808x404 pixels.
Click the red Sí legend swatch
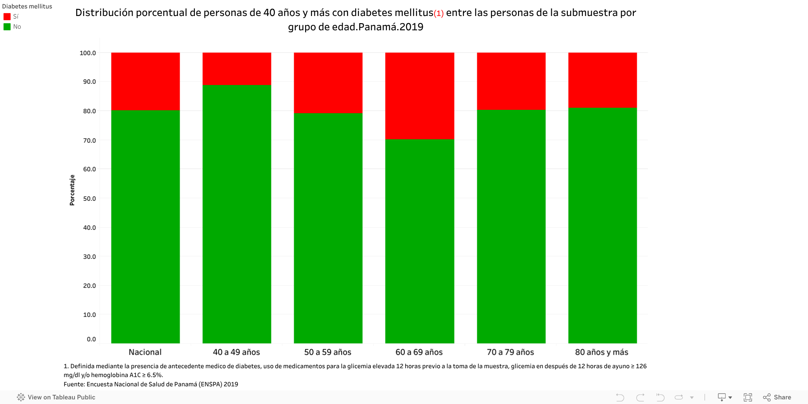click(x=7, y=17)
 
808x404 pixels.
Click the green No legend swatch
click(x=7, y=27)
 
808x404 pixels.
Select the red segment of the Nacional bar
click(x=145, y=81)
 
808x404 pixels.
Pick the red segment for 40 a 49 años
click(x=237, y=69)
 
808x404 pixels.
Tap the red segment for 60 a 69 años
click(x=420, y=96)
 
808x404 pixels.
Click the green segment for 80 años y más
click(x=602, y=225)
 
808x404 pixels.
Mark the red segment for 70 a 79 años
click(x=511, y=81)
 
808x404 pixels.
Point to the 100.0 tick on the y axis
click(x=88, y=53)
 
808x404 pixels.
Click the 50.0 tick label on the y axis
click(x=89, y=199)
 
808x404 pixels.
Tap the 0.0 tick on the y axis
click(x=91, y=339)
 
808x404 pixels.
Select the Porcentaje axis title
click(x=72, y=190)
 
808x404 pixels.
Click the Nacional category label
click(x=145, y=352)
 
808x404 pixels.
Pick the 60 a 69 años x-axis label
click(x=419, y=352)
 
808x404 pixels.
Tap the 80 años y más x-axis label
click(x=602, y=352)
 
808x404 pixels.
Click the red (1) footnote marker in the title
click(x=439, y=13)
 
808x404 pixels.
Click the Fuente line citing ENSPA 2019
click(x=151, y=384)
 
